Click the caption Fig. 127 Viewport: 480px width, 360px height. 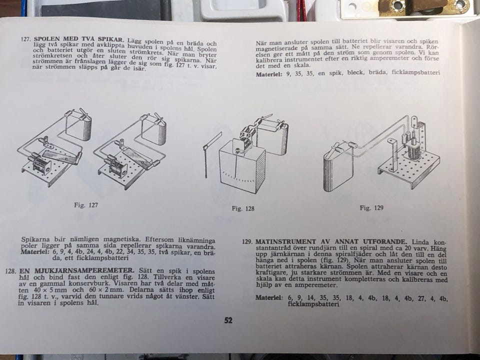(x=86, y=205)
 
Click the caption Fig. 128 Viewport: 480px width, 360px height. (x=243, y=208)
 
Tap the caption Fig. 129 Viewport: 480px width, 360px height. (x=371, y=208)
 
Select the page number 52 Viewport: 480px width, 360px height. (x=228, y=320)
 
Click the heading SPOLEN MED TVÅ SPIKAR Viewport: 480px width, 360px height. (x=79, y=39)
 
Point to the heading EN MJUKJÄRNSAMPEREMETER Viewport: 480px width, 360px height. (x=76, y=270)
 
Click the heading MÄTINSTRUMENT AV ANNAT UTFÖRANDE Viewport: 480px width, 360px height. (x=331, y=241)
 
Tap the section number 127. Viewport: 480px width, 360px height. (x=26, y=39)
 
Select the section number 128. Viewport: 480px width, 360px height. (x=11, y=271)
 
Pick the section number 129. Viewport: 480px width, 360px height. (x=247, y=241)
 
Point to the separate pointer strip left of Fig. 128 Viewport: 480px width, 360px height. (x=210, y=154)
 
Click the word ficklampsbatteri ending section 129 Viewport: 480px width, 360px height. (x=313, y=304)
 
